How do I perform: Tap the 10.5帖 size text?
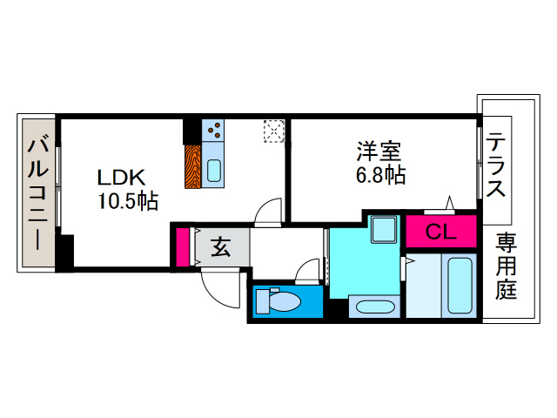tap(127, 202)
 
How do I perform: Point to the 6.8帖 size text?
tap(380, 174)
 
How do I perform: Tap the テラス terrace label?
tap(497, 165)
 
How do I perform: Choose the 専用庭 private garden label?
tap(507, 266)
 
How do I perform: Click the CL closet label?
tap(440, 233)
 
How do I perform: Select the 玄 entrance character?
tap(221, 248)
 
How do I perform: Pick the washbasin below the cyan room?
tap(373, 307)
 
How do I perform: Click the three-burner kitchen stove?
tap(214, 131)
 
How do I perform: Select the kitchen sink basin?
tap(214, 169)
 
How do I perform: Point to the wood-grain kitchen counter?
tap(192, 165)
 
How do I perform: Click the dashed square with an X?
tap(275, 131)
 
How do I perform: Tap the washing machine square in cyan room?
tap(382, 230)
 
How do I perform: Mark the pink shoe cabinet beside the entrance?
tap(183, 246)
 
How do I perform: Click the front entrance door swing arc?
tap(220, 287)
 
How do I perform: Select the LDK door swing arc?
tap(269, 212)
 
